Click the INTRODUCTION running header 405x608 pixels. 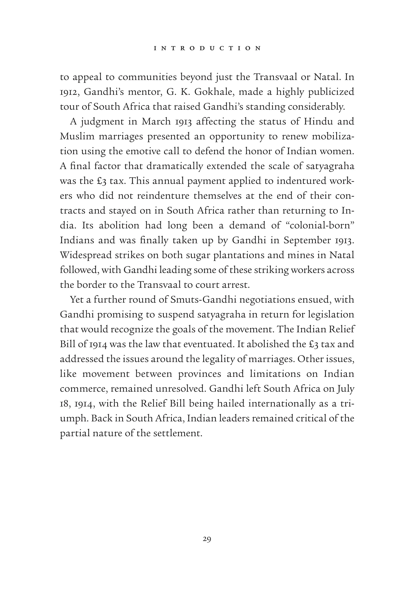tap(207, 48)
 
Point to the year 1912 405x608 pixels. tap(68, 92)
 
